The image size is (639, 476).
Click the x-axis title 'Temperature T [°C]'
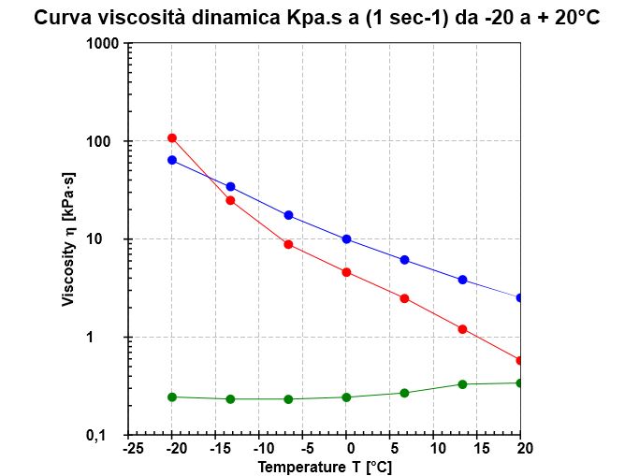pos(325,467)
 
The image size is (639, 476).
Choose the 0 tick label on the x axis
pos(346,449)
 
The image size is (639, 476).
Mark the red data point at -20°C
pos(172,138)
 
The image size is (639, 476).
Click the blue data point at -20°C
pos(172,160)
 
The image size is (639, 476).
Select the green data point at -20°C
pos(172,397)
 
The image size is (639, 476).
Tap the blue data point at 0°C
pos(346,239)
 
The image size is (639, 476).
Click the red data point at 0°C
pos(346,272)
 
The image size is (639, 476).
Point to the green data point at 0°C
pos(346,397)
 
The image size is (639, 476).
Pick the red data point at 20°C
pos(520,360)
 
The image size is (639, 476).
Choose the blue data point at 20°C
pos(520,297)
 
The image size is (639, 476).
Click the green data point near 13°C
pos(462,384)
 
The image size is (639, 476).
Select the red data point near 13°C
pos(462,329)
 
